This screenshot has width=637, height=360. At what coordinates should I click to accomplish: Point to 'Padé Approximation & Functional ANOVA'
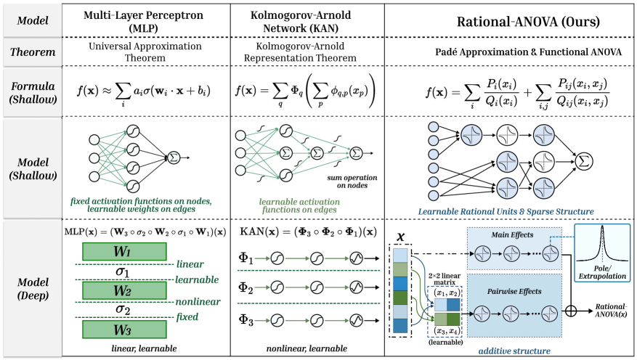509,54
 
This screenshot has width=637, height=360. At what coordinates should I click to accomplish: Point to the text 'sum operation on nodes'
347,181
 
